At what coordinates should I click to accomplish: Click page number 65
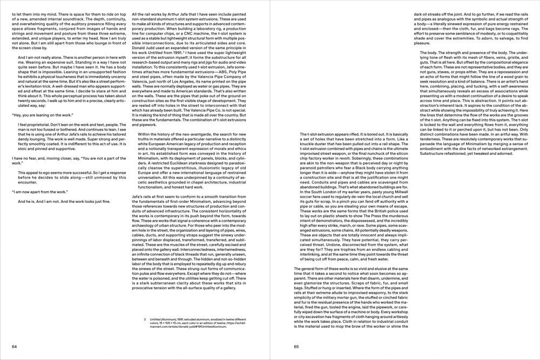click(x=296, y=347)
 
